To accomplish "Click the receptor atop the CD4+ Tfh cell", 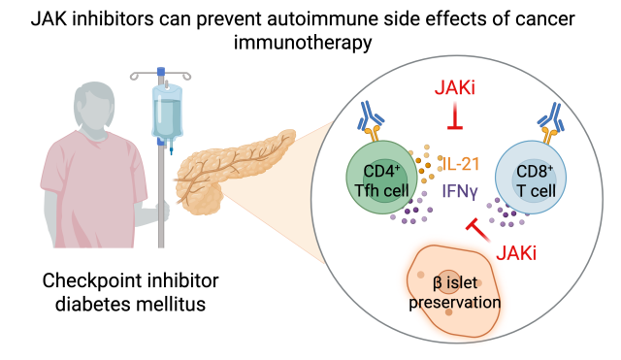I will click(x=374, y=122).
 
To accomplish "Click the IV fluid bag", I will click(x=166, y=112).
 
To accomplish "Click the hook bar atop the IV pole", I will click(x=160, y=72).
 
